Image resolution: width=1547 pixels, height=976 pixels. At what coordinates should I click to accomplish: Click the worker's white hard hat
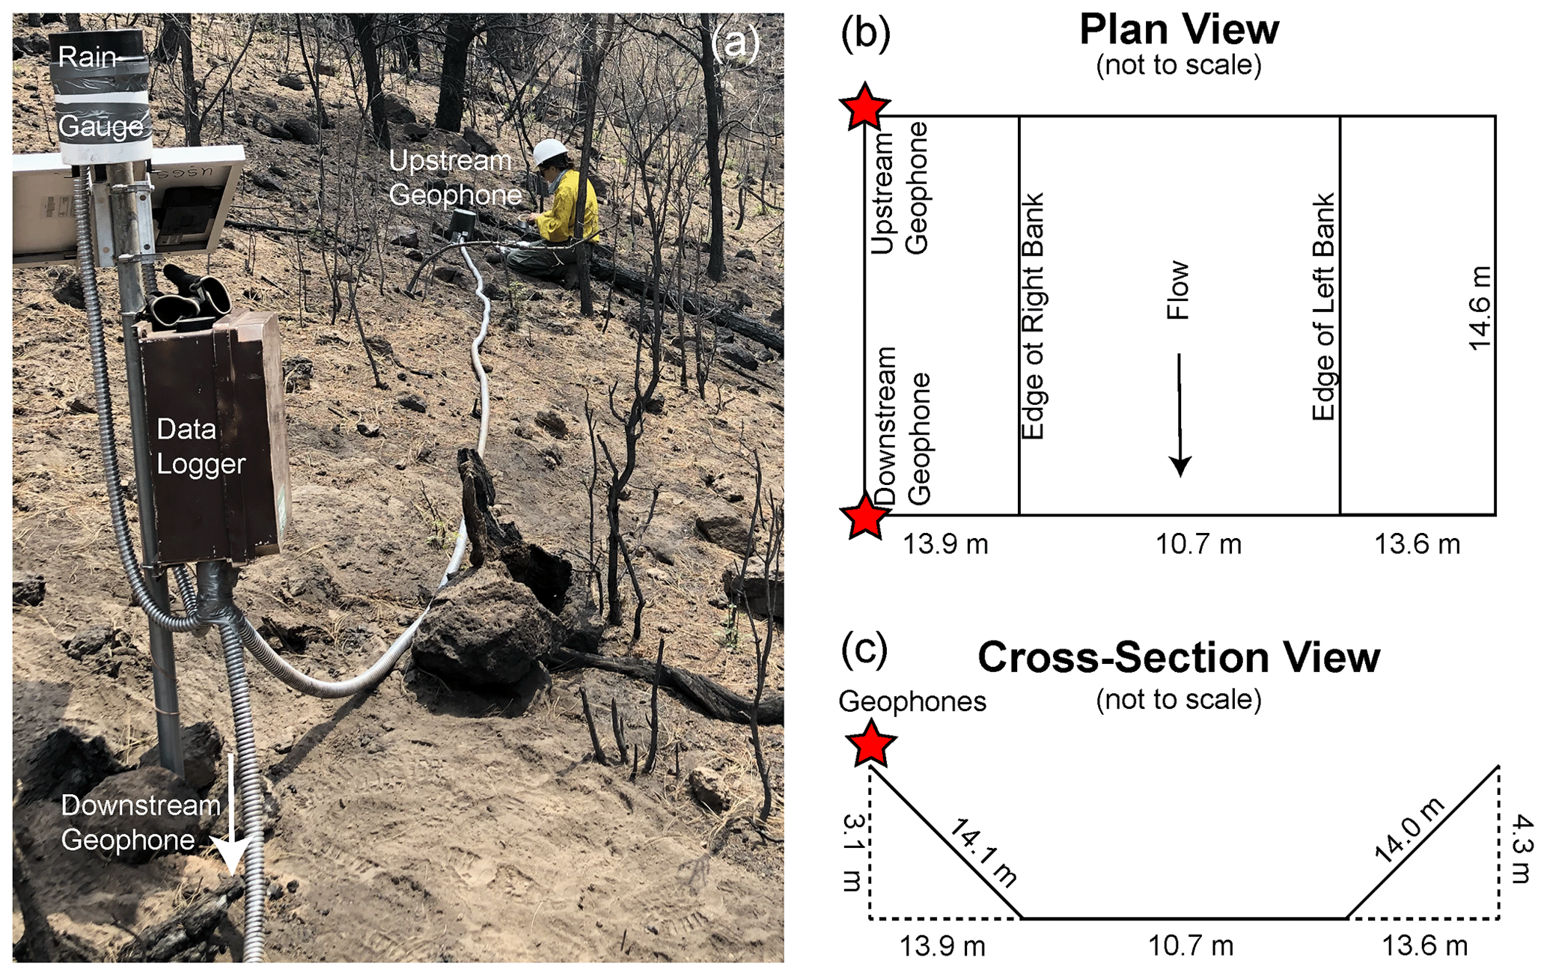[x=551, y=153]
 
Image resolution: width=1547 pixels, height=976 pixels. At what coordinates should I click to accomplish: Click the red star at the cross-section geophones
[x=870, y=743]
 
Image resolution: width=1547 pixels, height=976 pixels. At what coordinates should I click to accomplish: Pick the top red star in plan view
[x=865, y=107]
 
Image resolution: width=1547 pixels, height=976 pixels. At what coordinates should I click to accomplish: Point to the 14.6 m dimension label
[x=1480, y=308]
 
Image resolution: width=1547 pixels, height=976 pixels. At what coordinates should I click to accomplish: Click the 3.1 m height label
[x=853, y=853]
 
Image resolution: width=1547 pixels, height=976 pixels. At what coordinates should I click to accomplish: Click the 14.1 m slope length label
[x=983, y=853]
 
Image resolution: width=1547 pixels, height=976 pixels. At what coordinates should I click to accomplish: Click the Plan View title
[x=1179, y=30]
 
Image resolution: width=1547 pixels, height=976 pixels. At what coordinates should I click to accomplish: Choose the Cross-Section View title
[x=1179, y=658]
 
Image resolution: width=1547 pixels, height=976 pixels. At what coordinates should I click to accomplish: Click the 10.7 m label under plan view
[x=1198, y=544]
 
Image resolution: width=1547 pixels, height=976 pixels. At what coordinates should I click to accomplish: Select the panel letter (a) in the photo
[x=735, y=43]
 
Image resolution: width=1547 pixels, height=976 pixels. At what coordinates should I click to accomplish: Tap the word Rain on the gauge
[x=88, y=57]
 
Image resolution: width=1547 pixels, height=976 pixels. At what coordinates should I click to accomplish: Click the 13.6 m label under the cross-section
[x=1424, y=946]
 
